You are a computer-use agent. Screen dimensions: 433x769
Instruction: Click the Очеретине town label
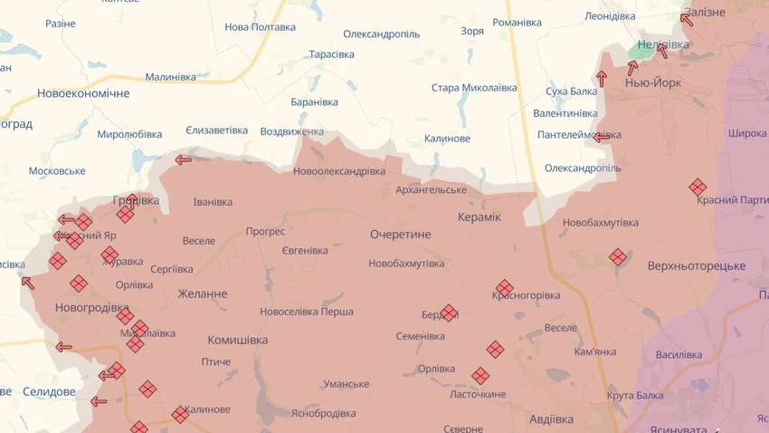point(400,235)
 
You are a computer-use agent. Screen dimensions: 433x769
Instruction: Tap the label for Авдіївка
point(551,419)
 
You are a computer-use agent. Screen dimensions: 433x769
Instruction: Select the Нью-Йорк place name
point(653,82)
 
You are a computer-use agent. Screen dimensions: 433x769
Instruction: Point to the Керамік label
point(479,218)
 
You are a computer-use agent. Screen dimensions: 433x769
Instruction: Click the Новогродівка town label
point(92,308)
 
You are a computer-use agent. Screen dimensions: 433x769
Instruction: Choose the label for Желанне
point(203,294)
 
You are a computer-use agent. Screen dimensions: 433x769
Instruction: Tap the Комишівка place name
point(237,341)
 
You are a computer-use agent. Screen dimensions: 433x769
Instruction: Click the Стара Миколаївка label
point(474,88)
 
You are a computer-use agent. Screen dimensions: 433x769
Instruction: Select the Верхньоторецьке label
point(696,266)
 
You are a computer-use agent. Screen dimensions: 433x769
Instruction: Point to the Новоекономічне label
point(83,93)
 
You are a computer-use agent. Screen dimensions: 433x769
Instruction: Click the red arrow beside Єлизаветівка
point(184,160)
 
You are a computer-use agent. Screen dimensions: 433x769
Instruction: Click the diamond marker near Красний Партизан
point(698,187)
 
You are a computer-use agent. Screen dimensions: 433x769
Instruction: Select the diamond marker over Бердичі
point(449,313)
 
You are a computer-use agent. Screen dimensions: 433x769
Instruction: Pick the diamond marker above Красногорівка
point(504,287)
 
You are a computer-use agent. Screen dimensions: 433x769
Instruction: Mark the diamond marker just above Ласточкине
point(480,375)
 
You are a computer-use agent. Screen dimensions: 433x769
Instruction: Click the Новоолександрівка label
point(339,171)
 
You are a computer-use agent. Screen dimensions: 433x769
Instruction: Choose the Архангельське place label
point(431,189)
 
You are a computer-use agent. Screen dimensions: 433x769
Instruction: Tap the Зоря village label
point(471,31)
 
